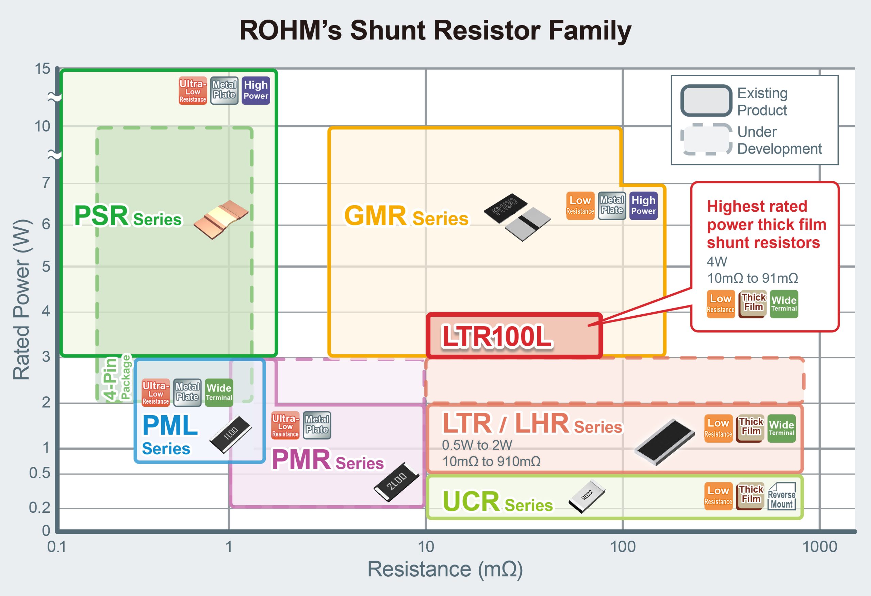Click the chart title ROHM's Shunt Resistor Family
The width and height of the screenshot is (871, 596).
(x=435, y=31)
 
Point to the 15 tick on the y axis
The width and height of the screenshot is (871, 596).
(x=42, y=69)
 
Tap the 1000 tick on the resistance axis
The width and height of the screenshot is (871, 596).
(x=819, y=547)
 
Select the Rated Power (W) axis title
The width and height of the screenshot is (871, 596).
(x=21, y=299)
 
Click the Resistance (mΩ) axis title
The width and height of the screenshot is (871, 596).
(x=445, y=569)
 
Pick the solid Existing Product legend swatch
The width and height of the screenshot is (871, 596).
(x=706, y=100)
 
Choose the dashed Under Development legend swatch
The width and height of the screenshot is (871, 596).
(x=706, y=139)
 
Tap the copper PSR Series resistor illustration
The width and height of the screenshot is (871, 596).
(x=221, y=220)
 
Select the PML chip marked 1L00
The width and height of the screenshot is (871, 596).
(x=230, y=434)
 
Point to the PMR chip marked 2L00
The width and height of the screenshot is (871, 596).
(x=396, y=482)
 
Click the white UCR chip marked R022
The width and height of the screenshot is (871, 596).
(x=587, y=496)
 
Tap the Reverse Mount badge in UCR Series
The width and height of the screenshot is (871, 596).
(x=782, y=496)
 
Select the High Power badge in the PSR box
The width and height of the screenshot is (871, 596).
(x=256, y=91)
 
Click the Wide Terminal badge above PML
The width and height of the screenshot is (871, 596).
(x=219, y=392)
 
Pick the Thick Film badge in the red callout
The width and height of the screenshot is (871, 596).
(x=752, y=304)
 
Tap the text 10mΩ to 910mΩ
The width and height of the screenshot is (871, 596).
(x=491, y=461)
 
